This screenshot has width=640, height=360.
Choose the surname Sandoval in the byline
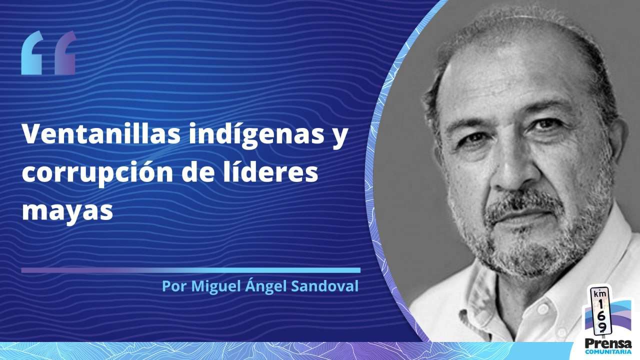coord(325,286)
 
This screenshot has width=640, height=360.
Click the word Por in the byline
coord(174,286)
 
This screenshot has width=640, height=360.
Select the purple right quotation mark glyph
coord(65,53)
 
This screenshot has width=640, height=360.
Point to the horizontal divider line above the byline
coord(191,270)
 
